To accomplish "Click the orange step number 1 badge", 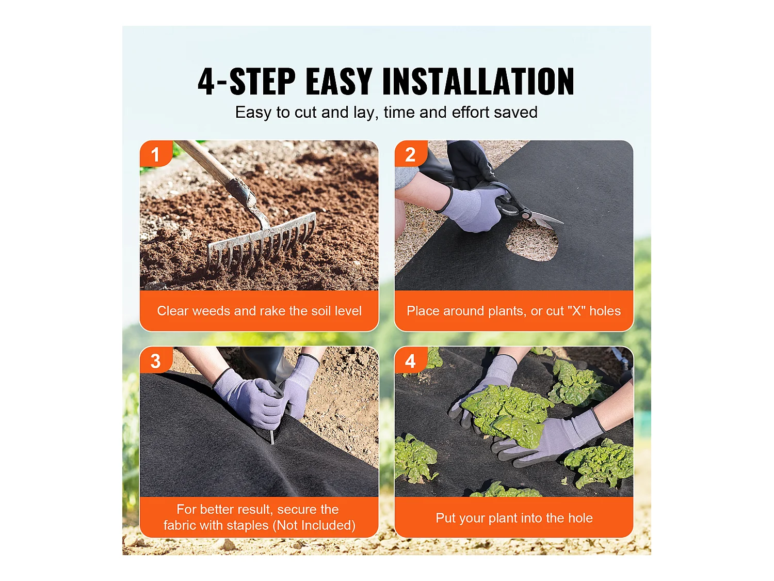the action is click(x=155, y=153).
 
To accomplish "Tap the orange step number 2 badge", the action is click(x=410, y=153).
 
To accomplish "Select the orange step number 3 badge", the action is click(x=155, y=360).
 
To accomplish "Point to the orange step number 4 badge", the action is click(x=410, y=360).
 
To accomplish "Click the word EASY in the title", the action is click(x=339, y=81).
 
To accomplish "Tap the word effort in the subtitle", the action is click(x=471, y=112).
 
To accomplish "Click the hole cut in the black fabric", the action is click(x=533, y=243).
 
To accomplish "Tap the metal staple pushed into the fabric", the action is click(x=272, y=437).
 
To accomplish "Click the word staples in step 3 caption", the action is click(x=248, y=525).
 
